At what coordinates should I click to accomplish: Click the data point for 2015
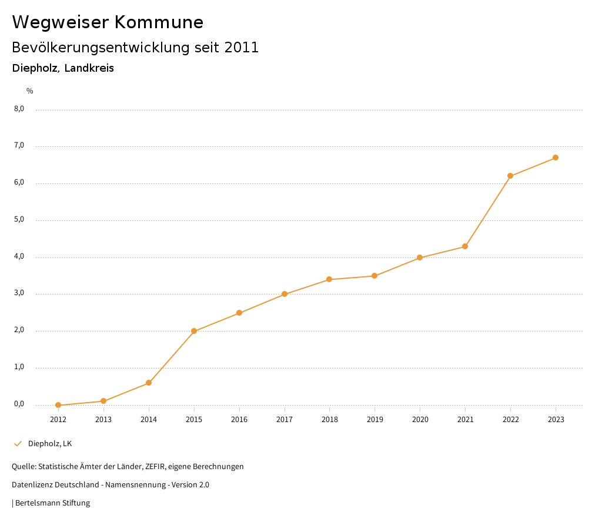(x=194, y=331)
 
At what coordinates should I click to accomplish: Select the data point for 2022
(x=510, y=176)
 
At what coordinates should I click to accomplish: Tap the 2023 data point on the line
(x=556, y=158)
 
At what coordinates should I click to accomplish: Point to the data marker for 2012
(x=58, y=405)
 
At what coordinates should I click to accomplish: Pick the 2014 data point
(x=149, y=383)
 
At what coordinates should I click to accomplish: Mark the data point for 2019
(x=374, y=276)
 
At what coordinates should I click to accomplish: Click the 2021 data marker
(x=465, y=246)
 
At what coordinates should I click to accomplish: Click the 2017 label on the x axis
(x=285, y=420)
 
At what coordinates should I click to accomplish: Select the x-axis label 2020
(x=420, y=420)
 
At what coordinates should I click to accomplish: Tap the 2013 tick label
(x=103, y=420)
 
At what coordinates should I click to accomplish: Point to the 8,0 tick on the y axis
(x=19, y=109)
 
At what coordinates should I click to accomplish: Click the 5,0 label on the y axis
(x=19, y=220)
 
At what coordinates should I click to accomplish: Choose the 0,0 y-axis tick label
(x=19, y=404)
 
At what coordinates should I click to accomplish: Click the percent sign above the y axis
(x=30, y=91)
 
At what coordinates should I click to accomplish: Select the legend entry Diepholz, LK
(x=50, y=444)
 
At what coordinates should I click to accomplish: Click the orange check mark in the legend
(x=18, y=444)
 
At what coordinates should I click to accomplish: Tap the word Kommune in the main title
(x=159, y=22)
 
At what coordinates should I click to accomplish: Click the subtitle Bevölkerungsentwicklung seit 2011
(x=135, y=48)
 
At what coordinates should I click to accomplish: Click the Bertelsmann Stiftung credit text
(x=52, y=503)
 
